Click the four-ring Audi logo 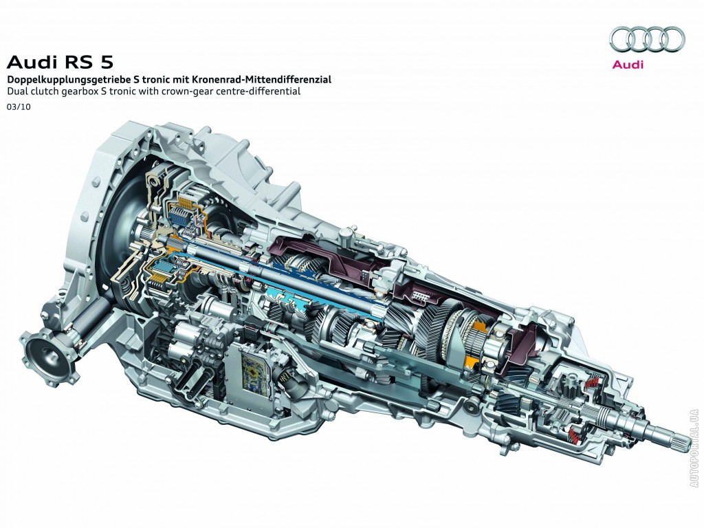[x=647, y=38]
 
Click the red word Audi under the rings [x=628, y=64]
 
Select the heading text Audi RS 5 [x=60, y=61]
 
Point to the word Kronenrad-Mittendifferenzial [x=262, y=80]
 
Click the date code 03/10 [x=15, y=108]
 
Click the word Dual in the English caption [x=15, y=91]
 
